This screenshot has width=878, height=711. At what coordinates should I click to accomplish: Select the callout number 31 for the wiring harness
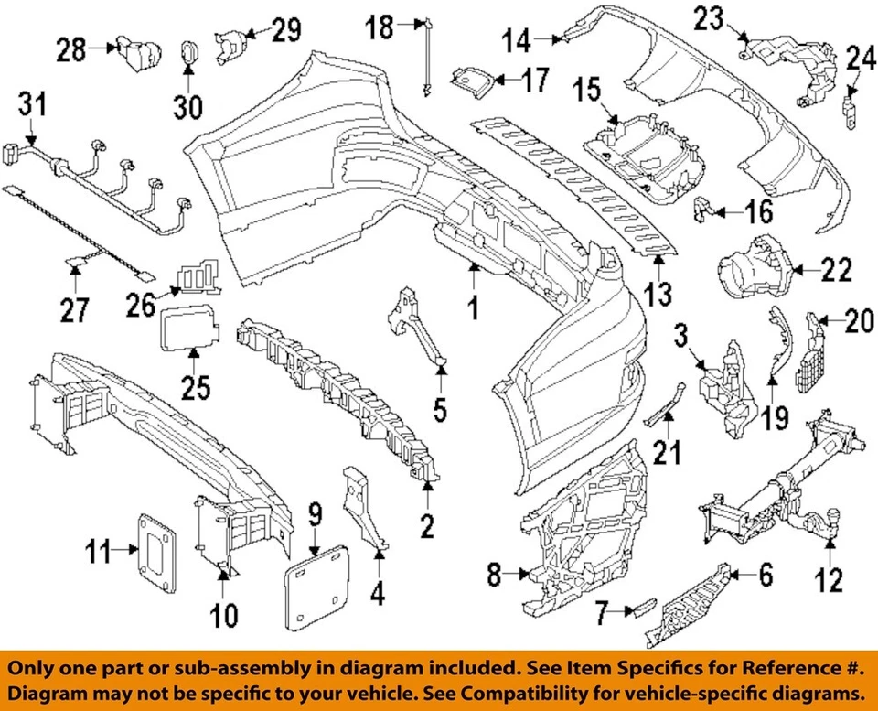32,108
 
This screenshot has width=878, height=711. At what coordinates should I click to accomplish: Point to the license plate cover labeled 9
317,582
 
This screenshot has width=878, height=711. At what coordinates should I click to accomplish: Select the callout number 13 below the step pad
658,295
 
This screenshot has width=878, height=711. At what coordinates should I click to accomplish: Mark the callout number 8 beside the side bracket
494,576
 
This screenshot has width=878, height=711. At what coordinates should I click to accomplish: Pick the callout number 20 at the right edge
858,320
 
